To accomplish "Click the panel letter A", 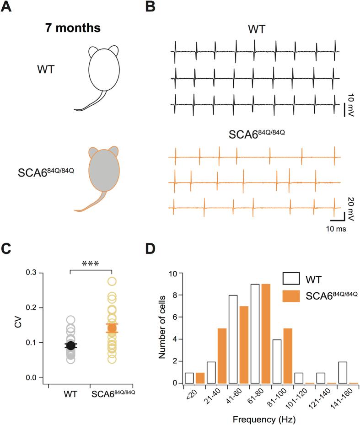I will click(x=7, y=7).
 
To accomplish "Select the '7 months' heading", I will click(x=73, y=28).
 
